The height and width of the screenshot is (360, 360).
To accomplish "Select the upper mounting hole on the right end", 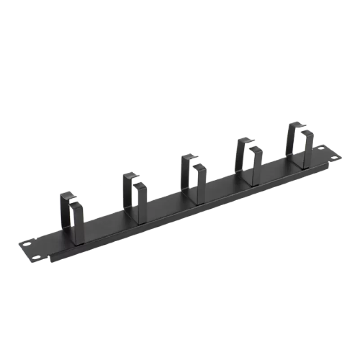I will pyautogui.click(x=322, y=148).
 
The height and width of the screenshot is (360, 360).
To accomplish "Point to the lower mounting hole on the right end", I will pyautogui.click(x=334, y=157).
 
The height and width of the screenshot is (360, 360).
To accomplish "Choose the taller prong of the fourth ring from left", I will pyautogui.click(x=237, y=155).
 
